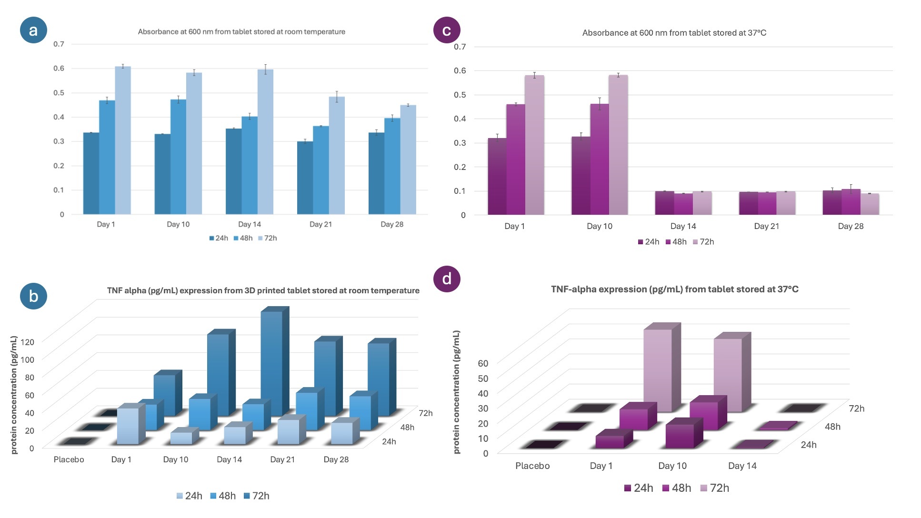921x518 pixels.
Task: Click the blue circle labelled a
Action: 33,30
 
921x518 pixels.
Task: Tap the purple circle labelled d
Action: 447,279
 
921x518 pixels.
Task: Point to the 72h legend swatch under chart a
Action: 260,238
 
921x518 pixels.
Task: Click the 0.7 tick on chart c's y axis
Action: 460,47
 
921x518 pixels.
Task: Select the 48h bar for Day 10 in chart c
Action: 600,159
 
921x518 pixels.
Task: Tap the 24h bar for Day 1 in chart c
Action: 497,177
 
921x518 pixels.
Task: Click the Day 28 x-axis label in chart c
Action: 851,226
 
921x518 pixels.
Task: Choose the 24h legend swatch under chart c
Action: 641,242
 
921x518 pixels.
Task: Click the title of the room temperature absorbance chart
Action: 241,32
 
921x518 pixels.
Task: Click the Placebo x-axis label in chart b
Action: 69,459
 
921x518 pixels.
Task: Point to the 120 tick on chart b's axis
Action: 28,342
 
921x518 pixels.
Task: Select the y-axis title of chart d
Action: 457,392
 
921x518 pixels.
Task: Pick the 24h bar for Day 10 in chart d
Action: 680,436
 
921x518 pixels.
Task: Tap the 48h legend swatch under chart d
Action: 666,488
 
